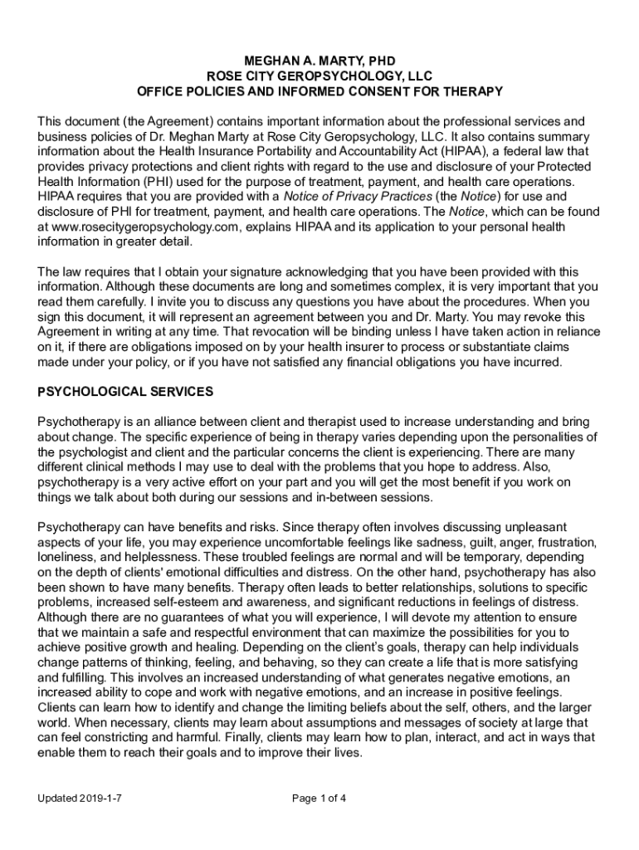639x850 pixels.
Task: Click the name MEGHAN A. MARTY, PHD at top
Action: point(319,61)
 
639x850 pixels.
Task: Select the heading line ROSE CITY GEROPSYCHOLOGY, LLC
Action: point(319,76)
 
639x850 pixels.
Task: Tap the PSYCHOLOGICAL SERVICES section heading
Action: point(125,391)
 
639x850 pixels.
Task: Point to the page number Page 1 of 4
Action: point(319,799)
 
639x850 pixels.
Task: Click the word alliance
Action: point(163,421)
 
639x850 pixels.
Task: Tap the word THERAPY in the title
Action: point(474,91)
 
